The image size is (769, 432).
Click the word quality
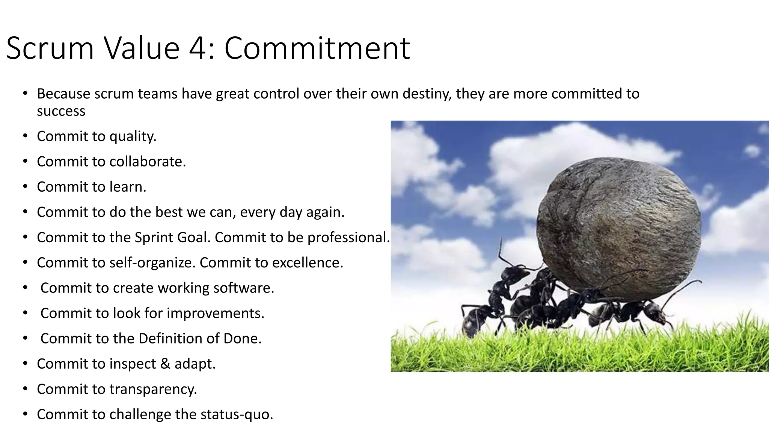133,136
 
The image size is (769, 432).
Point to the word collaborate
148,162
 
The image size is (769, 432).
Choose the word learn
128,187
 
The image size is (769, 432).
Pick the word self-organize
152,262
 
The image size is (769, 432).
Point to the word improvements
216,313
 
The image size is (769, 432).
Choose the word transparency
153,389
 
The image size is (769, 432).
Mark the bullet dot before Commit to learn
25,186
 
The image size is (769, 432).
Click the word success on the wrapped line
61,111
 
